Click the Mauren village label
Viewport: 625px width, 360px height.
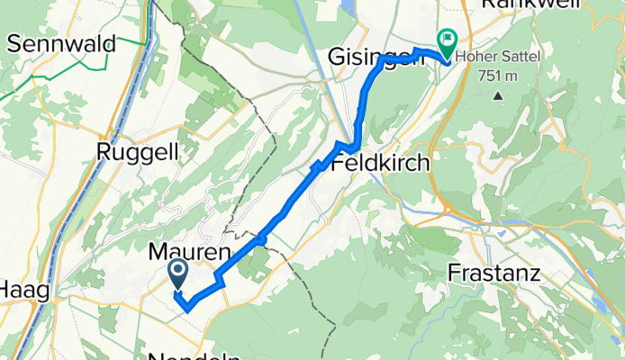point(188,255)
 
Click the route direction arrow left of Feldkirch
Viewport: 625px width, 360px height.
point(317,166)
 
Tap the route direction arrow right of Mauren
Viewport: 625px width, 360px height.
point(260,238)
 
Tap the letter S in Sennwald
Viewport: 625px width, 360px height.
point(14,41)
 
